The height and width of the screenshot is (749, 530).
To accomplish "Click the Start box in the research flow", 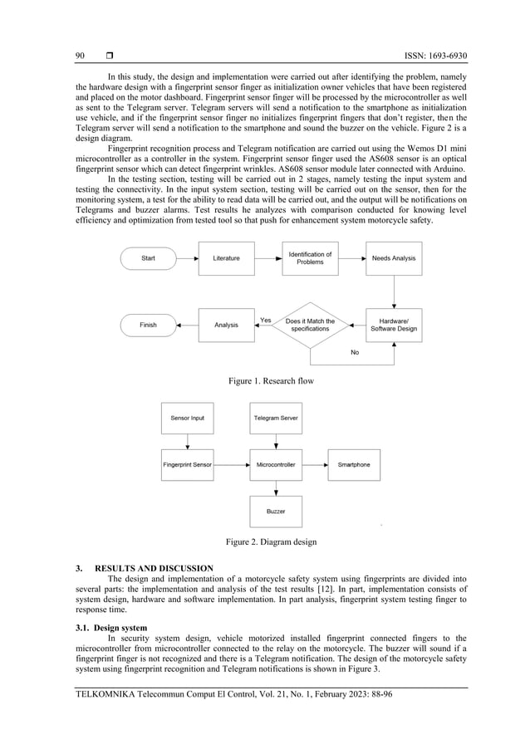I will coord(148,258).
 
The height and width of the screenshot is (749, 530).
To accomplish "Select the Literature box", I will coord(226,258).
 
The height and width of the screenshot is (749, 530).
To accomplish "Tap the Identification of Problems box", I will coord(310,258).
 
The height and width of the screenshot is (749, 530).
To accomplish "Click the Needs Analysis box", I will coord(394,258).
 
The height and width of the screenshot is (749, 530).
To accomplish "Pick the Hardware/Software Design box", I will coord(394,325).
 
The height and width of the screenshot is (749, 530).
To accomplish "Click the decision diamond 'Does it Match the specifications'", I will coord(310,325).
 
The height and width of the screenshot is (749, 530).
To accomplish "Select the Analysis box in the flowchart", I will coord(226,325).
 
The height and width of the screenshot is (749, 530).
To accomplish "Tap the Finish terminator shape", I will coord(148,325).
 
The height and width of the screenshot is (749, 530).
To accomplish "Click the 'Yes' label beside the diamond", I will coord(265,320).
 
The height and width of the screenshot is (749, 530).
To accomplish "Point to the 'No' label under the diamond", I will coord(355,352).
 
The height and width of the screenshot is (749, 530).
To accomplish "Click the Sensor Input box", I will coord(187,418).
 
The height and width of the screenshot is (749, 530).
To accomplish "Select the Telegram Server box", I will coord(276,418).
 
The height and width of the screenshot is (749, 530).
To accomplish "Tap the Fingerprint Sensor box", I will coord(187,464).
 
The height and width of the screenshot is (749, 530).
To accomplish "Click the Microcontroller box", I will coord(276,464).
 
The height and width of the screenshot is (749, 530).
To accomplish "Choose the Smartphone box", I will coord(354,464).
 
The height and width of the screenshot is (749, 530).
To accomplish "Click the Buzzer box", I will coord(276,512).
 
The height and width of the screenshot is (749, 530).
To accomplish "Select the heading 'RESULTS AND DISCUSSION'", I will coord(154,568).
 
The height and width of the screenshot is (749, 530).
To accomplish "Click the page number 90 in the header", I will coord(81,56).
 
